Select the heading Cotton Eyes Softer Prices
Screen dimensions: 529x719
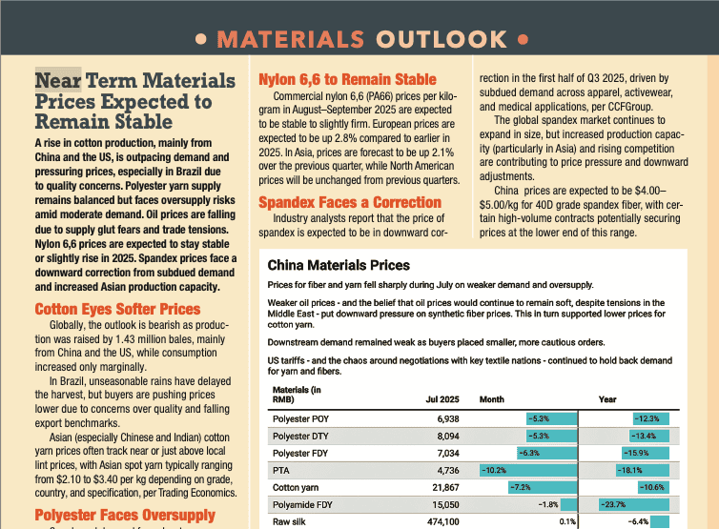coord(117,309)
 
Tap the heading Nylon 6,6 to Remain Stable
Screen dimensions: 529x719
coord(347,80)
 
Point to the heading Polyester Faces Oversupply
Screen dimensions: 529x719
coord(125,516)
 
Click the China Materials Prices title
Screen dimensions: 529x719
coord(339,265)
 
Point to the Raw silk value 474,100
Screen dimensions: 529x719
coord(440,521)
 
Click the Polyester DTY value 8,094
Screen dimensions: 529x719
coord(444,436)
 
